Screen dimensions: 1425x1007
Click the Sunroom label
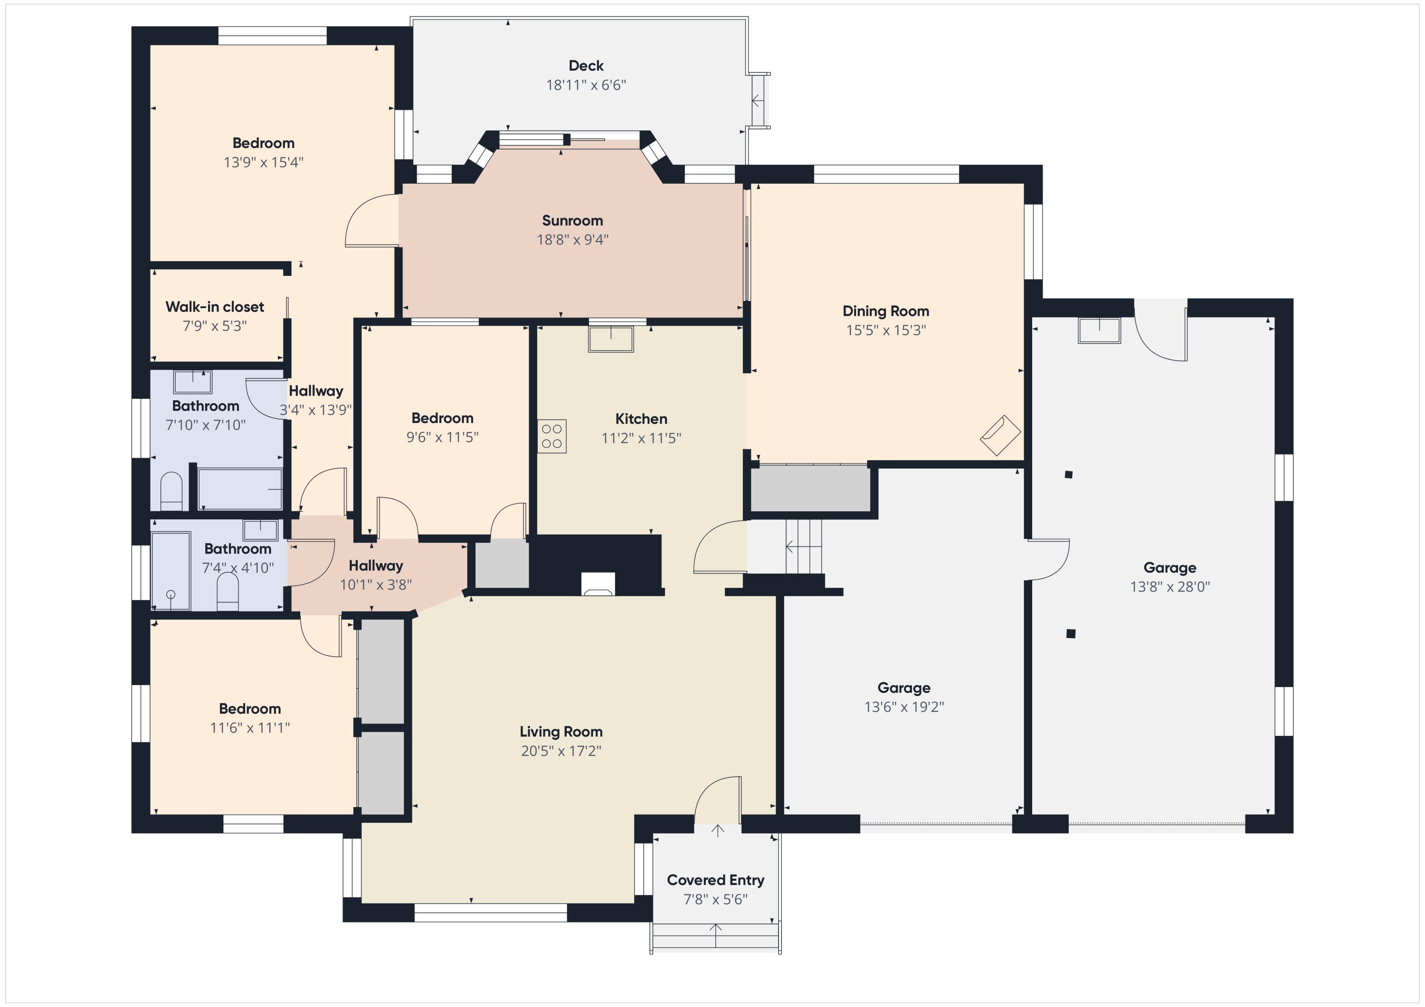click(x=572, y=220)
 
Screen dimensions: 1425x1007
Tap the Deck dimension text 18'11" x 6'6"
click(x=586, y=85)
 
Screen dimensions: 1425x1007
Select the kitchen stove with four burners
click(x=552, y=436)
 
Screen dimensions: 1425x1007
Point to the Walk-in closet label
click(x=215, y=307)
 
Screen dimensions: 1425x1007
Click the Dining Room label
click(x=886, y=311)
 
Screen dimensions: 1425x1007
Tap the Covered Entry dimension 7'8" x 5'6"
click(x=716, y=899)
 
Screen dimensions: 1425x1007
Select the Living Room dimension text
click(x=561, y=751)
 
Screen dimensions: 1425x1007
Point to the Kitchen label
click(x=641, y=419)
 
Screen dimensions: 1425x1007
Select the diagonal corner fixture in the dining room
click(x=1000, y=435)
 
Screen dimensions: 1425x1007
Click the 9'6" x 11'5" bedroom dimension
click(x=443, y=437)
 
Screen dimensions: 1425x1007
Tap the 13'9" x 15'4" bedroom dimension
click(x=263, y=162)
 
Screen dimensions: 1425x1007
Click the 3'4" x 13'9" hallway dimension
click(x=315, y=410)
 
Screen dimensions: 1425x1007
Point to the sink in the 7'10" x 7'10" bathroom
click(x=192, y=382)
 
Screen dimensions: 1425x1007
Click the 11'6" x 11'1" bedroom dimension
click(x=250, y=727)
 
